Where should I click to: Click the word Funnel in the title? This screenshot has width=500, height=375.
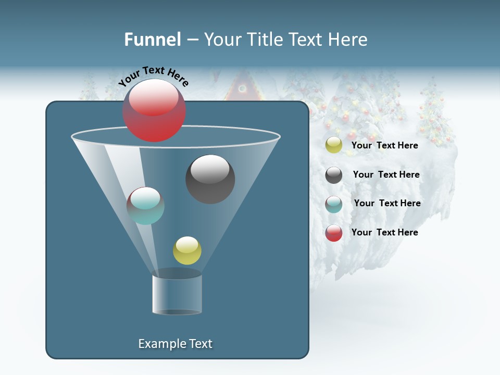pyautogui.click(x=152, y=40)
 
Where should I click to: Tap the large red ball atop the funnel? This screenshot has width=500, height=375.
pyautogui.click(x=154, y=110)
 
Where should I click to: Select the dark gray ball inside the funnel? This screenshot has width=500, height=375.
pyautogui.click(x=210, y=179)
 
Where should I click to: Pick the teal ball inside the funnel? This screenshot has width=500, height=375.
pyautogui.click(x=145, y=206)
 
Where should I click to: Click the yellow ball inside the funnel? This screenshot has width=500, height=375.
pyautogui.click(x=187, y=251)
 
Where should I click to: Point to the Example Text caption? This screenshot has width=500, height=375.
pyautogui.click(x=175, y=344)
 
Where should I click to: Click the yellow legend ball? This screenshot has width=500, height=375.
pyautogui.click(x=334, y=145)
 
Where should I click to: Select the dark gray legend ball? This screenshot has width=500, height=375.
pyautogui.click(x=334, y=175)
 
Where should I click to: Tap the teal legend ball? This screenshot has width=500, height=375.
pyautogui.click(x=334, y=204)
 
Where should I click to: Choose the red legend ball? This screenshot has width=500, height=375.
pyautogui.click(x=334, y=233)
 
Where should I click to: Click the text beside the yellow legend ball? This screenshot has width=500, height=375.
pyautogui.click(x=384, y=145)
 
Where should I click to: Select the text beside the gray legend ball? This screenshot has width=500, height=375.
pyautogui.click(x=386, y=174)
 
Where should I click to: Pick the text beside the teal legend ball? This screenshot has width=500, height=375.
pyautogui.click(x=387, y=203)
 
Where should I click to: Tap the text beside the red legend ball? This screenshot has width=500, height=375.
pyautogui.click(x=384, y=232)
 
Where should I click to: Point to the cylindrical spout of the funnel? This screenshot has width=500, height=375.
pyautogui.click(x=177, y=293)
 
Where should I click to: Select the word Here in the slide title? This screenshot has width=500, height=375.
pyautogui.click(x=348, y=40)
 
